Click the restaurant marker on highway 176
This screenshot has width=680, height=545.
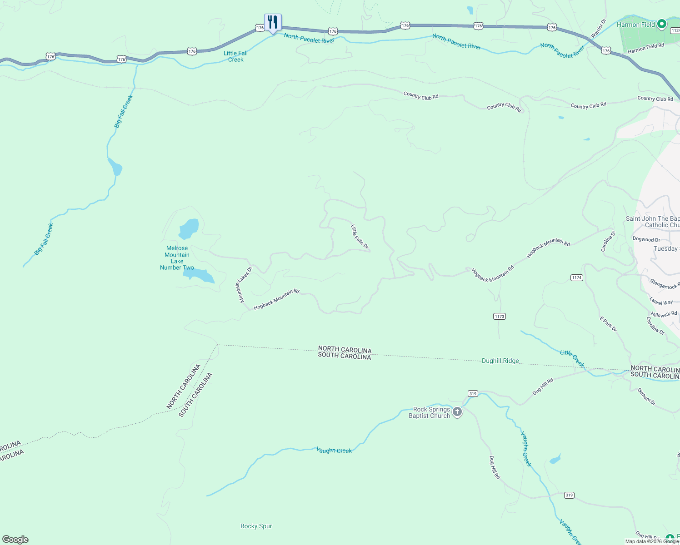[x=273, y=22]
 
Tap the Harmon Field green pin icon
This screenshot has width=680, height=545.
[x=662, y=24]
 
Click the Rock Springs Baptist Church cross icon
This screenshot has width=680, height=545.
[x=457, y=412]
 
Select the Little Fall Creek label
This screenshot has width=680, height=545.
[x=235, y=56]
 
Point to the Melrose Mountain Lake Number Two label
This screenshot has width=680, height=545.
[x=177, y=258]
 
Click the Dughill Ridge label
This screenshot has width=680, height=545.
[x=500, y=361]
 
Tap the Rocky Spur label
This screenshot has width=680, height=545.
[x=256, y=526]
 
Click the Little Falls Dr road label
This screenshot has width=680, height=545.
[x=359, y=236]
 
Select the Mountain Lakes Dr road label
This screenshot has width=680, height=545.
[x=243, y=285]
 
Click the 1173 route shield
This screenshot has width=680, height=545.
[x=499, y=316]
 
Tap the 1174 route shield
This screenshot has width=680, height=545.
[x=576, y=277]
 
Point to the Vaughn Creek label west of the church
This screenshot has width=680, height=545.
[x=334, y=451]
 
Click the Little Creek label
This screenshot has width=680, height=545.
[x=572, y=358]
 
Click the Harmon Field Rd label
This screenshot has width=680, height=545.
[x=645, y=49]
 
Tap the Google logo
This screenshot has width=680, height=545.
[x=15, y=540]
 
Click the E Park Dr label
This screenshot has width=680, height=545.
[x=608, y=324]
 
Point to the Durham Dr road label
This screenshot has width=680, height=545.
[x=646, y=396]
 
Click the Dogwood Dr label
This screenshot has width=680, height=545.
[x=646, y=239]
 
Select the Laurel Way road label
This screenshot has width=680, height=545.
[x=661, y=302]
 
